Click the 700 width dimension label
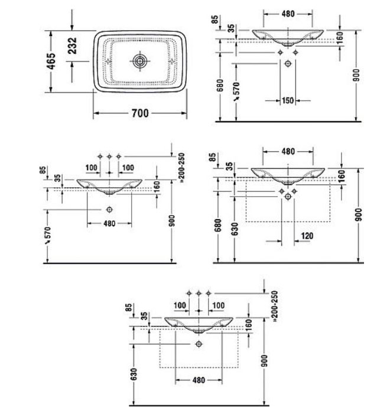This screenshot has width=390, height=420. [140, 113]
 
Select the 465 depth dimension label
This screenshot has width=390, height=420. [51, 61]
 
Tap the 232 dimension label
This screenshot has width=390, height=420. [72, 45]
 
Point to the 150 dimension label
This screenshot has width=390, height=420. [288, 100]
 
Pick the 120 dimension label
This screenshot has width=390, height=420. [307, 236]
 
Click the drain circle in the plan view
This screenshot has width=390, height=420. [139, 61]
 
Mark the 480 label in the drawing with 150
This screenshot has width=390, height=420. [288, 14]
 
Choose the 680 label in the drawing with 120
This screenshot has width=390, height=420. [218, 225]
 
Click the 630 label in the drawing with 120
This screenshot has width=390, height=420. [234, 229]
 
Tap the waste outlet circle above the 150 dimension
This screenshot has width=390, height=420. [288, 64]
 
